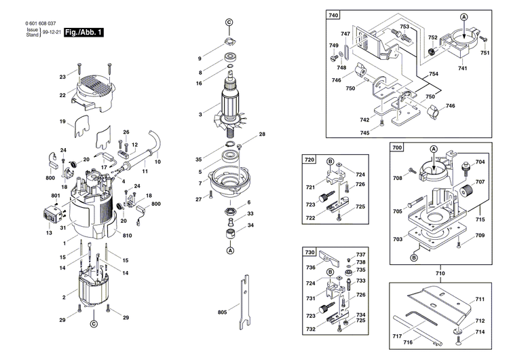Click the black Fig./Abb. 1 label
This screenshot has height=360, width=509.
[83, 32]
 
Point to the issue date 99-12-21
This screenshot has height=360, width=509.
[50, 32]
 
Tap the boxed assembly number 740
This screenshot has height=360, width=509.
[334, 15]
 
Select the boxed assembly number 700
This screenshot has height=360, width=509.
[397, 147]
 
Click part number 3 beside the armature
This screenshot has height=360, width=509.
[200, 114]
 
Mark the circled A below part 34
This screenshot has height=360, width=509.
[229, 251]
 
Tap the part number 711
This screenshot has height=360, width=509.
[480, 300]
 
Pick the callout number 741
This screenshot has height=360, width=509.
[462, 69]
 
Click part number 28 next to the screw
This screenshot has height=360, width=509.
[262, 134]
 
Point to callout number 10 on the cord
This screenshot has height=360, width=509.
[157, 162]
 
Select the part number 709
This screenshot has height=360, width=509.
[480, 235]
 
